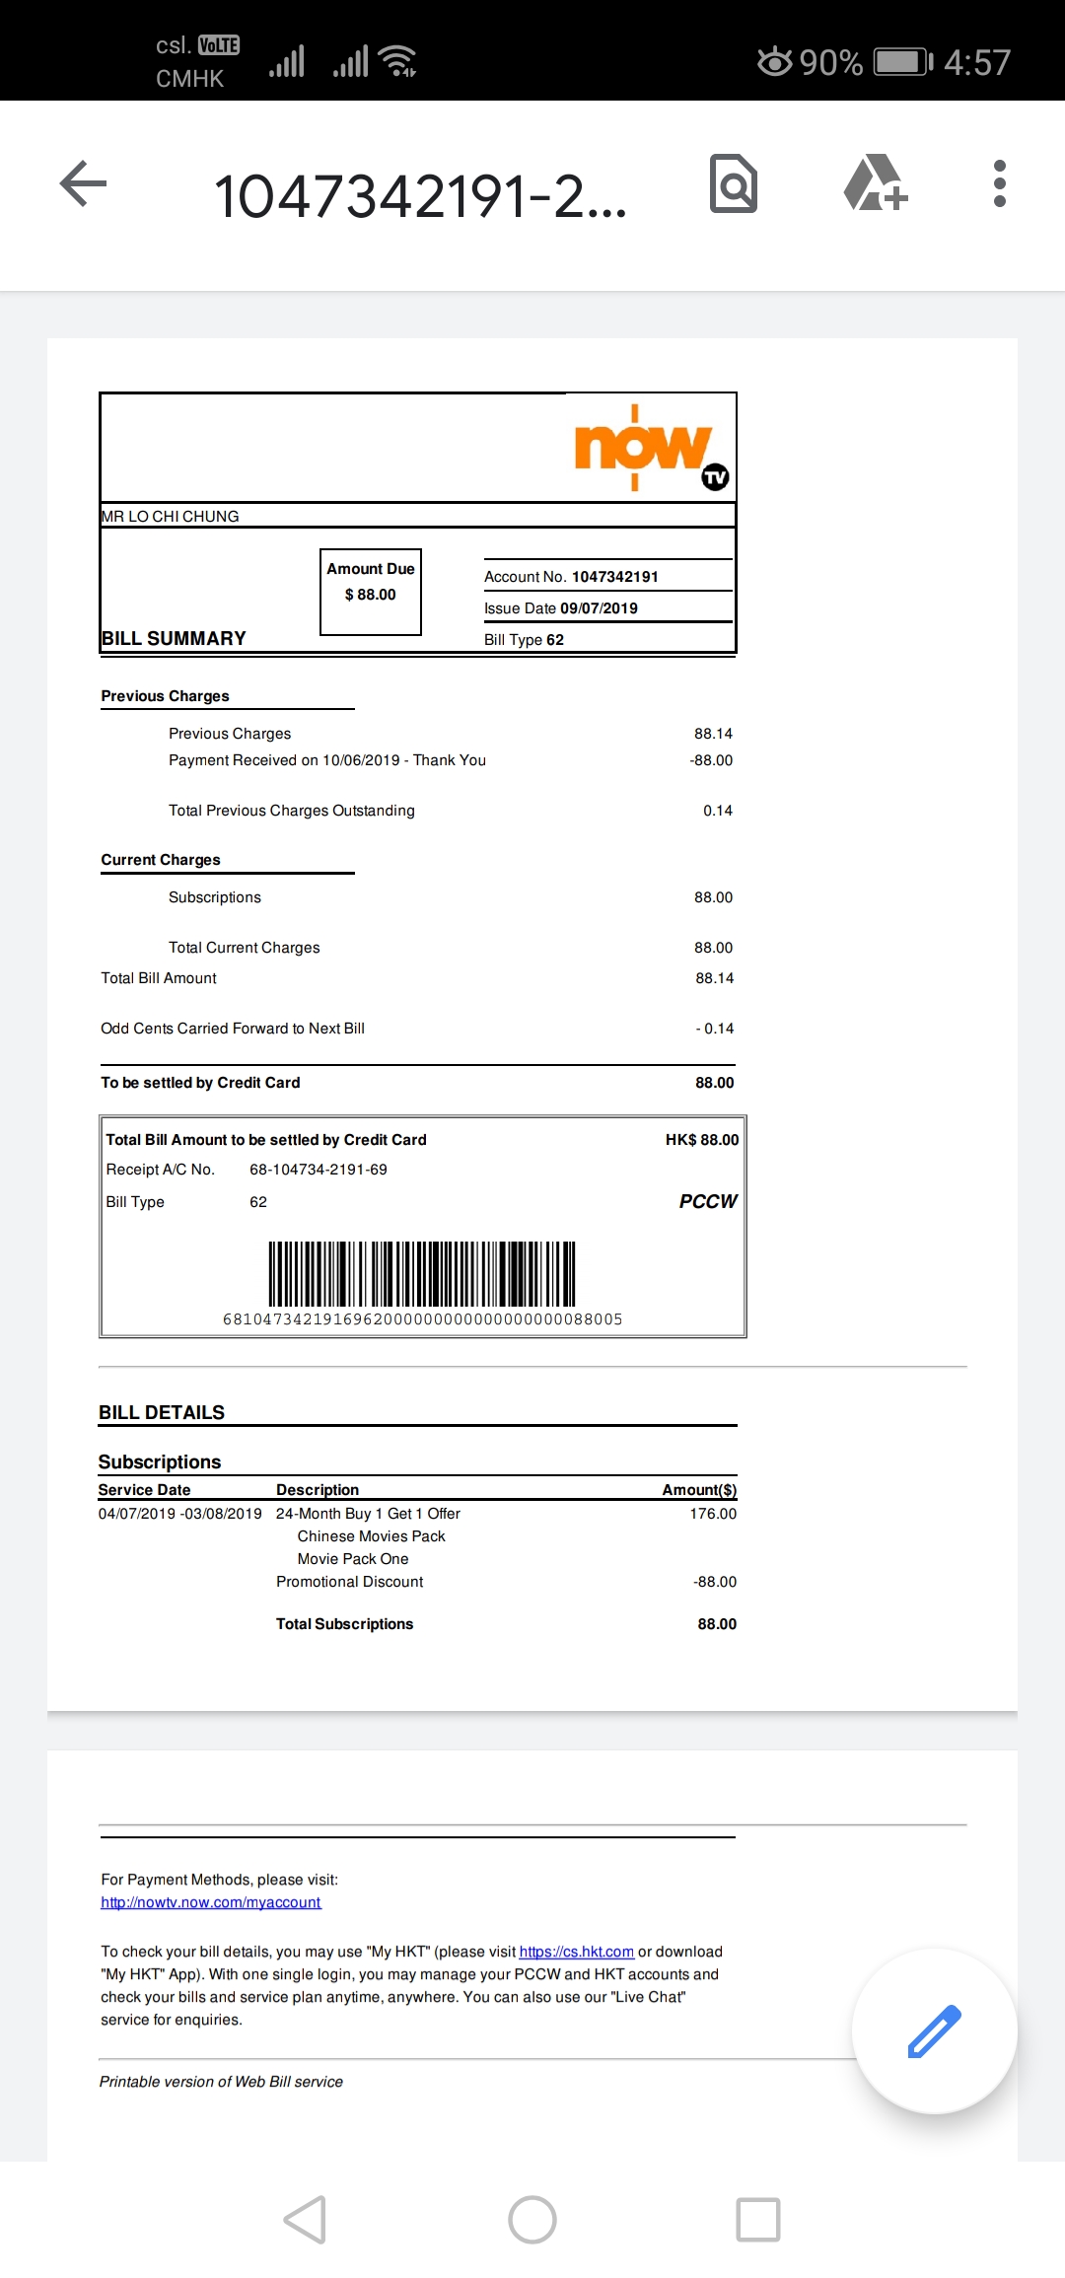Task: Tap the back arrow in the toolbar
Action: coord(83,183)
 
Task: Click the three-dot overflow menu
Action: coord(999,183)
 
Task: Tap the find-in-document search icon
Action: coord(734,183)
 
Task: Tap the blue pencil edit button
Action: coord(934,2030)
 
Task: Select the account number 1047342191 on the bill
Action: coord(614,577)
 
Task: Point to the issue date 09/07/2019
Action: coord(599,608)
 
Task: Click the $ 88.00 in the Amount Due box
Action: coord(371,595)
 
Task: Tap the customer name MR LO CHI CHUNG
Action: coord(170,517)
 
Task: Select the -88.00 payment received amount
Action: coord(711,760)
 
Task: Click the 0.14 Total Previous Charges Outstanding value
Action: coord(717,811)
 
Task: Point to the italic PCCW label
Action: coord(708,1201)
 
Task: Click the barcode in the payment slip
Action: coord(422,1274)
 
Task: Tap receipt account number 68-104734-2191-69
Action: coord(319,1170)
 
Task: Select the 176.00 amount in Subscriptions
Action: coord(713,1514)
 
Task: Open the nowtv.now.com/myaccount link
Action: coord(211,1902)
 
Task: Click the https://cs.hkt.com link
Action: coord(576,1952)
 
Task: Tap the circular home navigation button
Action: coord(532,2220)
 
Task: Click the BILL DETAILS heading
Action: coord(162,1412)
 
